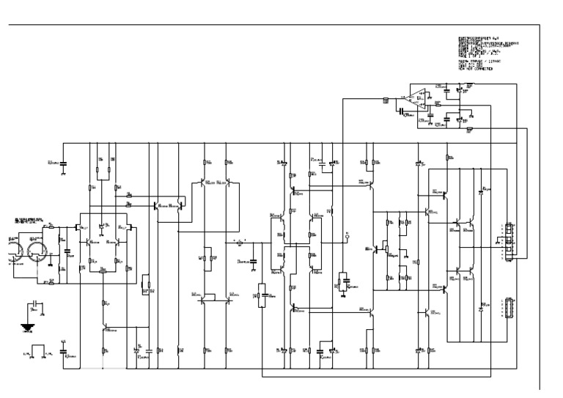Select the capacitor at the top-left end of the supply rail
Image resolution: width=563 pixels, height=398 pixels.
(x=63, y=162)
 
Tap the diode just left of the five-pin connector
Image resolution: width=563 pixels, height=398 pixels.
(x=481, y=307)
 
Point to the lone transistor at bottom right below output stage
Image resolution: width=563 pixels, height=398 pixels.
(x=430, y=313)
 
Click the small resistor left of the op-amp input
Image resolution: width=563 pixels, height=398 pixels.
(x=386, y=100)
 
